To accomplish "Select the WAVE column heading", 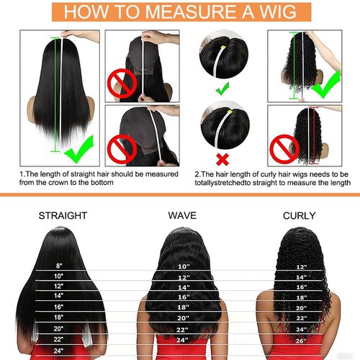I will point(182,215).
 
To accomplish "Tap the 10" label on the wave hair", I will point(183,267).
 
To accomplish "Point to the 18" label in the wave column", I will point(183,307).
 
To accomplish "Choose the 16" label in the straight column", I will point(58,306).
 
